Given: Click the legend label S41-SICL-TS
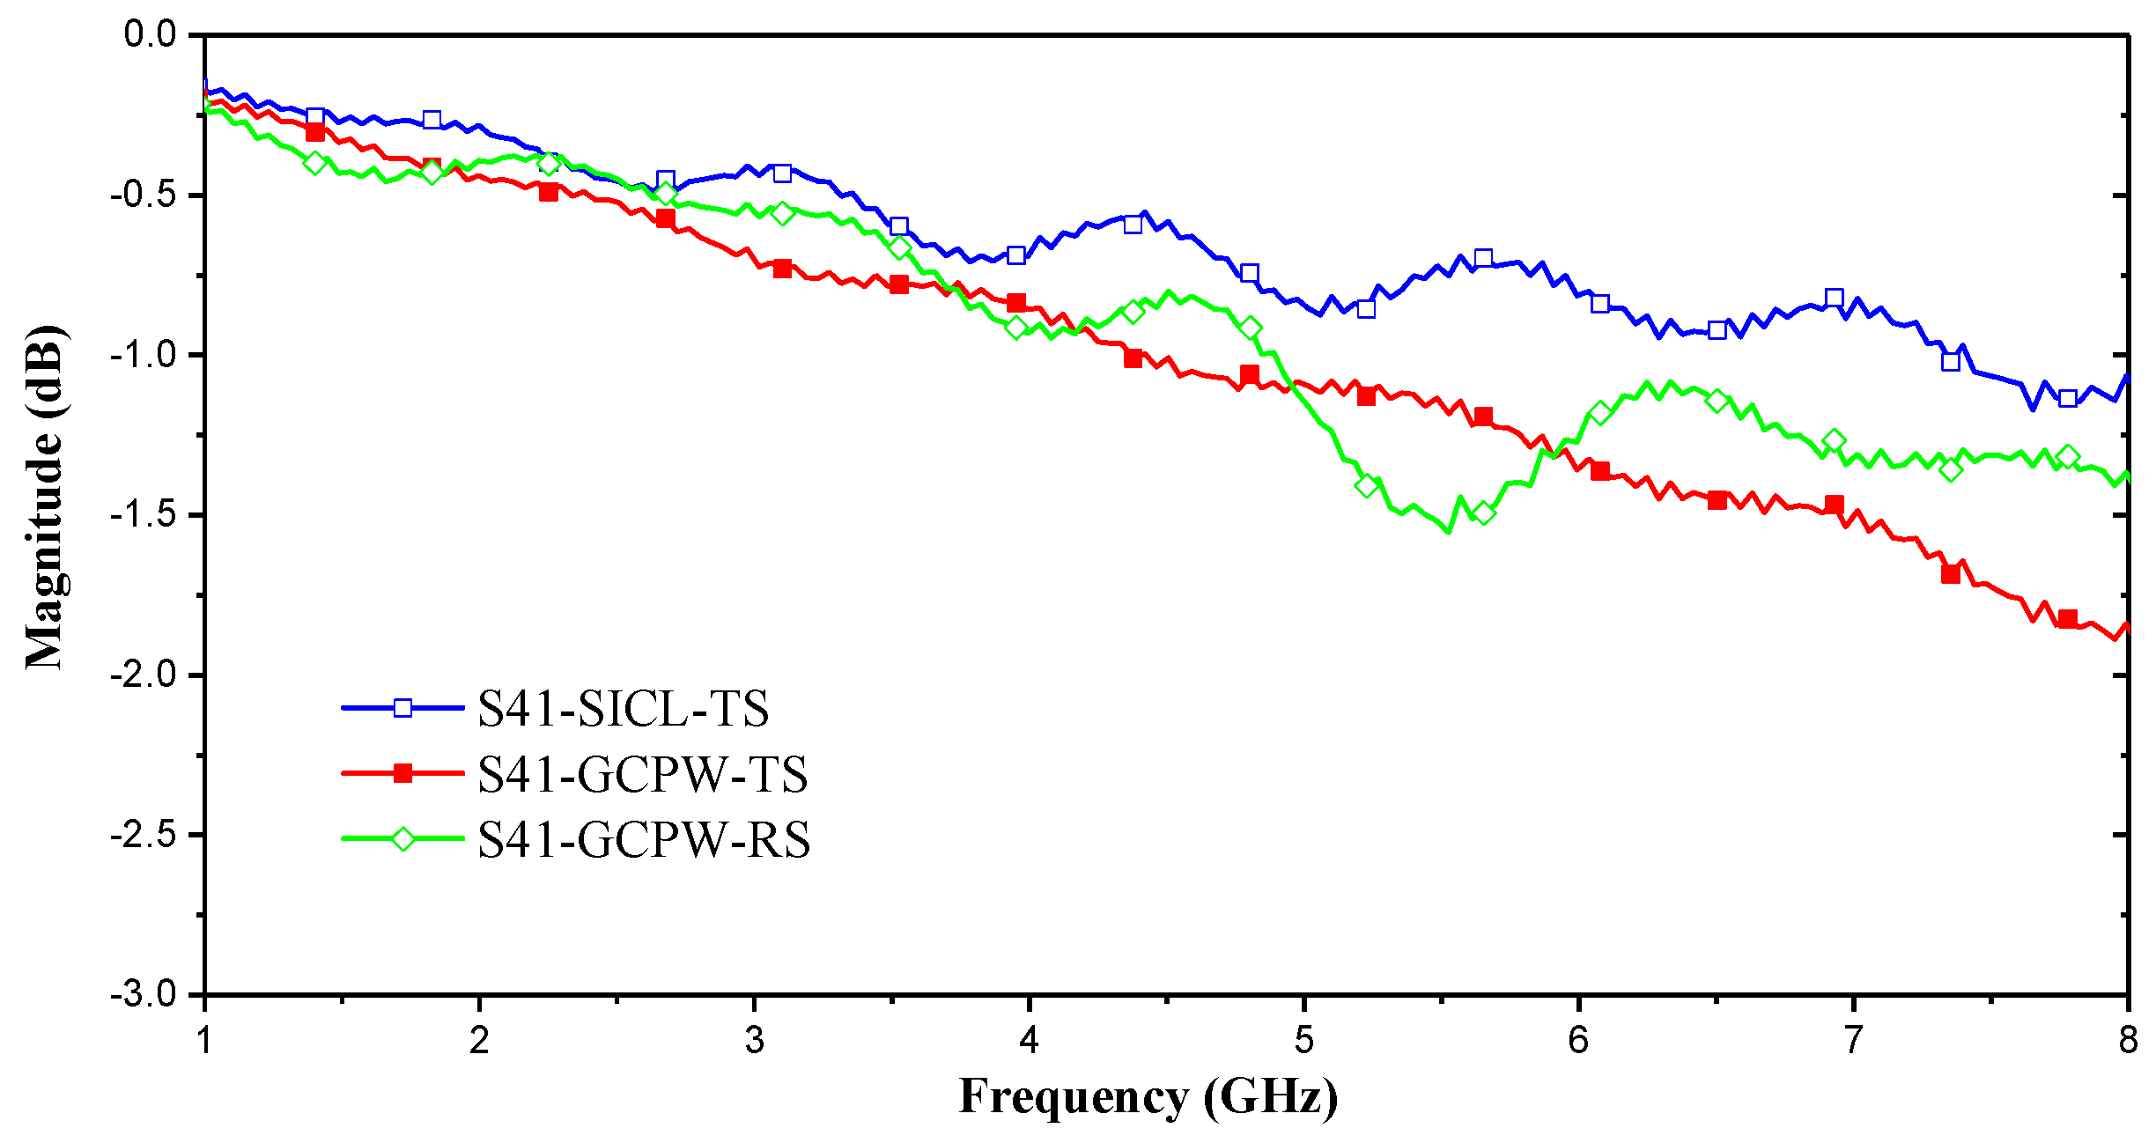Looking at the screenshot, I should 623,709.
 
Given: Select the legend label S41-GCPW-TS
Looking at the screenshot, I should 642,775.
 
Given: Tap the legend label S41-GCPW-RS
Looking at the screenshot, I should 643,839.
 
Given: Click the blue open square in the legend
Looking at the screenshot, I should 402,708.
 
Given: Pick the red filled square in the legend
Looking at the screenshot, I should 402,773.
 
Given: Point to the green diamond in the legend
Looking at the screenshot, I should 402,838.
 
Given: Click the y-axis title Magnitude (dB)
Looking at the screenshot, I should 44,498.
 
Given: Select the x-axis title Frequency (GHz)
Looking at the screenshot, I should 1148,1096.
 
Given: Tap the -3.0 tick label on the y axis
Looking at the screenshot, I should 144,995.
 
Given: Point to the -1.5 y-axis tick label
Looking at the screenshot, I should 144,514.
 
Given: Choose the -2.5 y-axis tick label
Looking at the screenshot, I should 144,835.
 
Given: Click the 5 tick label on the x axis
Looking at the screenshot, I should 1303,1041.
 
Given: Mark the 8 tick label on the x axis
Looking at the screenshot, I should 2128,1041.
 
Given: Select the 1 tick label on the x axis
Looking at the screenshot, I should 205,1041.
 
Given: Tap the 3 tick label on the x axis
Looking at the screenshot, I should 754,1041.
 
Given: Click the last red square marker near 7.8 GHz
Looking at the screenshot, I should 2068,618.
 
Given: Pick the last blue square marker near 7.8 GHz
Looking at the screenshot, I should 2068,398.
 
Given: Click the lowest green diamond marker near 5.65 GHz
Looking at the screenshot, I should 1484,513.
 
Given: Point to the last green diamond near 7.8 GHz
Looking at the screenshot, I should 2068,456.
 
